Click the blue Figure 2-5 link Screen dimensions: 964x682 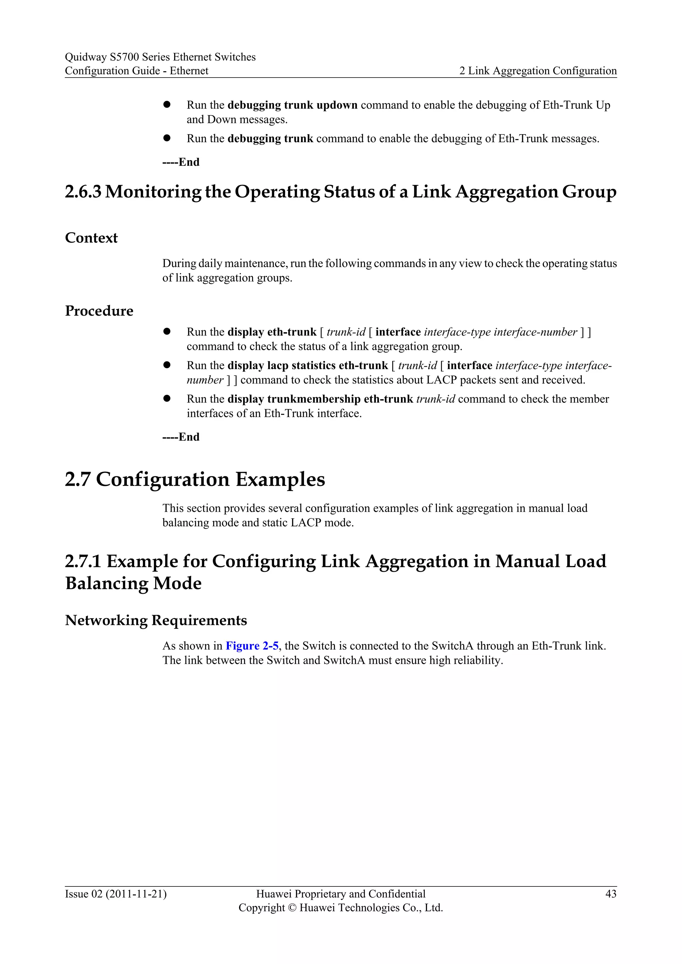[x=252, y=646]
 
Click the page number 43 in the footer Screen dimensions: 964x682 [x=611, y=894]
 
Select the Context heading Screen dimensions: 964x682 [x=91, y=238]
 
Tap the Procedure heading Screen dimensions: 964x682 [x=99, y=311]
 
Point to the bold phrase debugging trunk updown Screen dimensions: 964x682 [x=292, y=105]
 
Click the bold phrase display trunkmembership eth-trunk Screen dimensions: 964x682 [x=320, y=399]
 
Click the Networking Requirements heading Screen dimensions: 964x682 [x=156, y=620]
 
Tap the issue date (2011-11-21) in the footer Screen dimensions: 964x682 [x=136, y=894]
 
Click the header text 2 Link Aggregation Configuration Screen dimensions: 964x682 [x=538, y=71]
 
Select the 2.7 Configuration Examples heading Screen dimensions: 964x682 [x=195, y=479]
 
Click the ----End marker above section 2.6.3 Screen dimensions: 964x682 [x=180, y=162]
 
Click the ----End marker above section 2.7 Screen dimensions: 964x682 [x=180, y=437]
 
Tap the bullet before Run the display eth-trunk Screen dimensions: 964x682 [x=167, y=331]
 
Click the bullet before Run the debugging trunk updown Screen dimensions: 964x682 [x=167, y=104]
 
